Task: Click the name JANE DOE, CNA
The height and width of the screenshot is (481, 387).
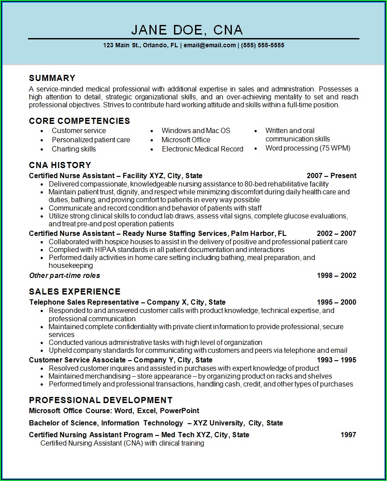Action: (187, 30)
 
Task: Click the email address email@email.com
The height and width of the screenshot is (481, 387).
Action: (209, 45)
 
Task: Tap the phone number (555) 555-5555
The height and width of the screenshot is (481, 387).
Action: (263, 45)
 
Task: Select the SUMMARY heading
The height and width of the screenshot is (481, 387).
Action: (52, 78)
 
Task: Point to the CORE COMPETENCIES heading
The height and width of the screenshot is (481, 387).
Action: (79, 121)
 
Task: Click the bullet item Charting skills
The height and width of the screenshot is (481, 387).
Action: (74, 149)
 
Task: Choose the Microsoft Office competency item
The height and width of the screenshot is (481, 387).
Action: (186, 140)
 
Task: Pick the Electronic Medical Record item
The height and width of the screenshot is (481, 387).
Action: (202, 149)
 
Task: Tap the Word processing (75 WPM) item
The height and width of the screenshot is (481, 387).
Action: (308, 148)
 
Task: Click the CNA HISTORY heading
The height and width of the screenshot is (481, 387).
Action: (60, 165)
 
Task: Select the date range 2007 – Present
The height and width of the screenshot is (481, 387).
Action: (331, 176)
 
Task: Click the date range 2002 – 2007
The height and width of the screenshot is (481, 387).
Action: (336, 233)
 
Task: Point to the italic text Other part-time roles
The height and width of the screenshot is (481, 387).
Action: (64, 275)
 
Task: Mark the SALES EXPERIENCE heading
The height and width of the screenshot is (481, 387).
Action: (75, 291)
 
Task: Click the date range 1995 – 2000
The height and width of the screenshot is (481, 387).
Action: (336, 302)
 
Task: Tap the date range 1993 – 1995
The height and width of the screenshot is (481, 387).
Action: (336, 360)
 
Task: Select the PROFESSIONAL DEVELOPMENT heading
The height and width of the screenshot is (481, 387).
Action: (100, 400)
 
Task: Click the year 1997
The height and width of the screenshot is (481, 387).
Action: (348, 435)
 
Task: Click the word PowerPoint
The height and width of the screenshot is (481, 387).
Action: (179, 411)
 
